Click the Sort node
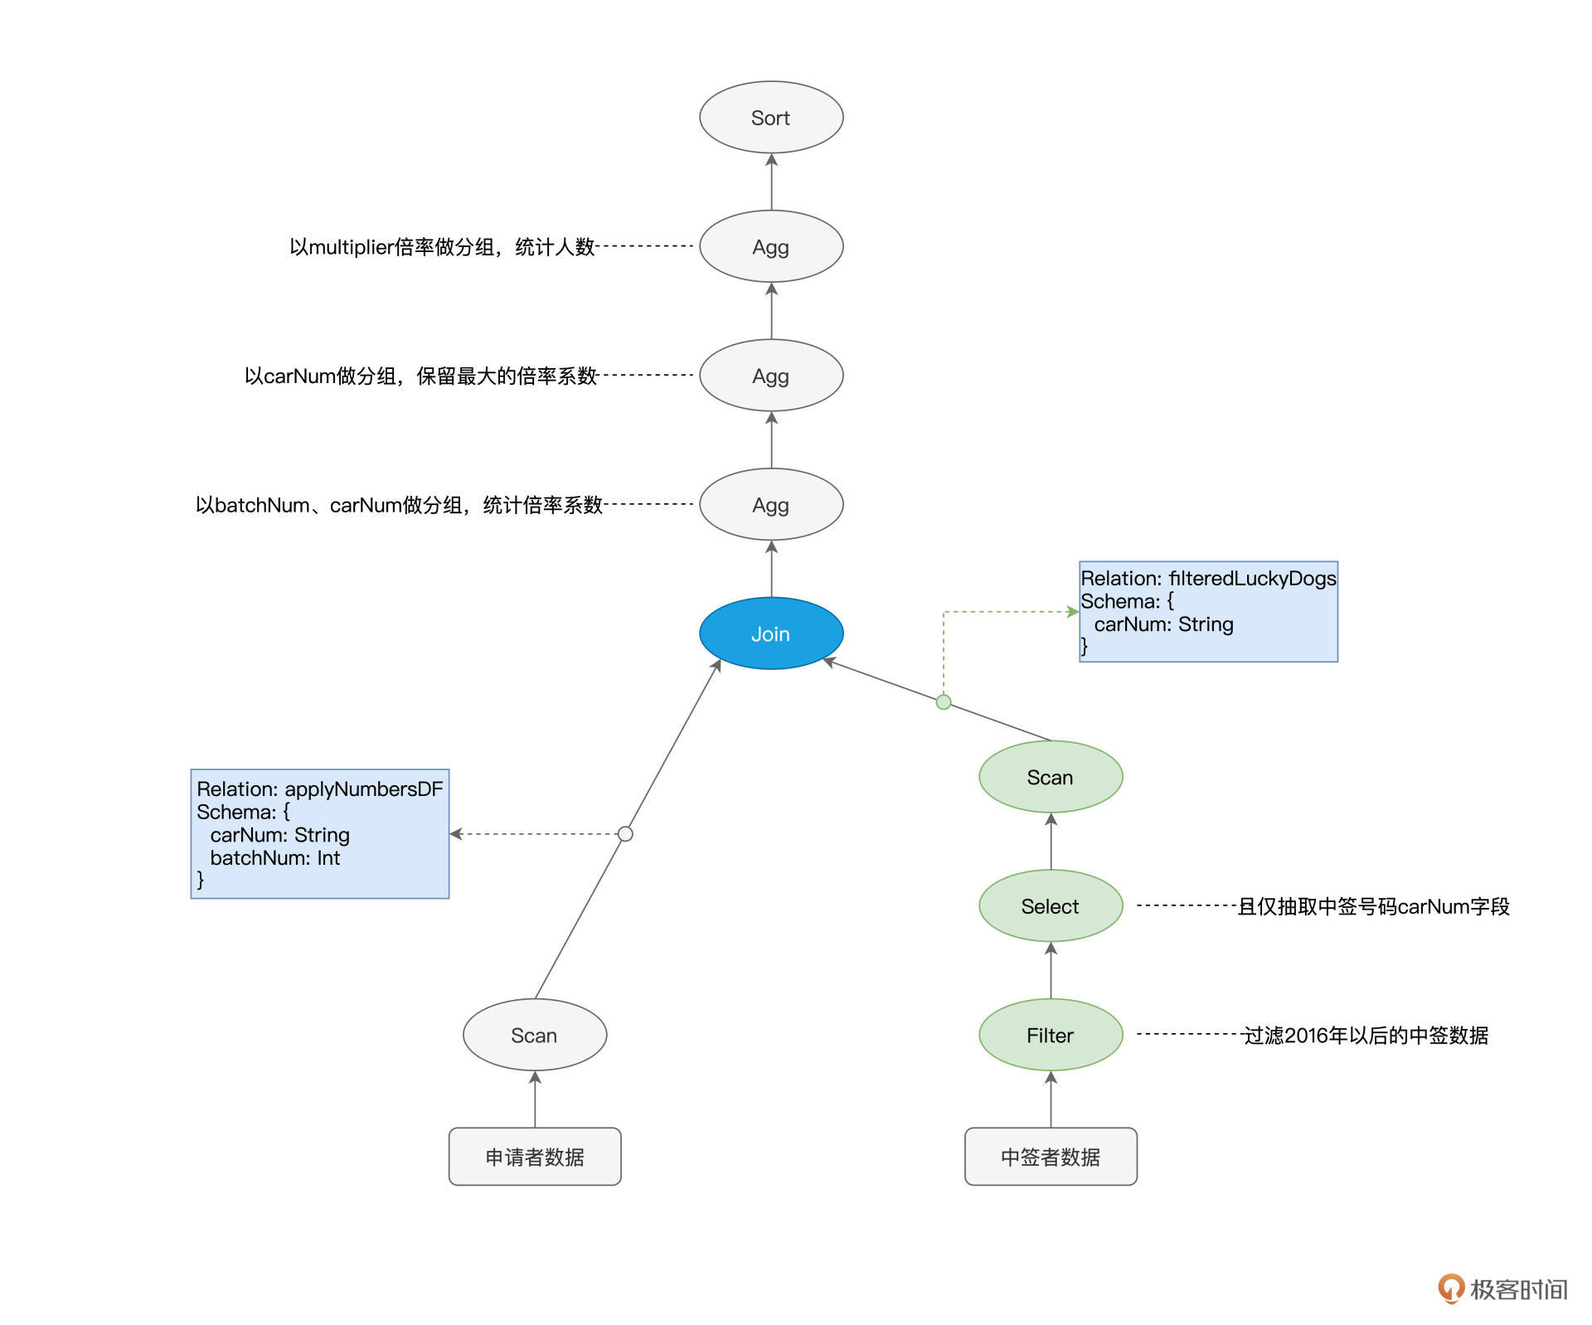coord(771,118)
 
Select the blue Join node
coord(771,633)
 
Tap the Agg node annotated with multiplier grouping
coord(771,247)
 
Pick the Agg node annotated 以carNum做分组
coord(771,376)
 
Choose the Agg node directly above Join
coord(771,505)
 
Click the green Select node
coord(1051,906)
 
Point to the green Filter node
coord(1051,1036)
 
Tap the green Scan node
coord(1051,778)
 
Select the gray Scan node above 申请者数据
coord(535,1036)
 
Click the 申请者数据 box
coord(535,1157)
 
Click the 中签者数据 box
coord(1051,1157)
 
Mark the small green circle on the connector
coord(944,702)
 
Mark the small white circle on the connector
coord(626,834)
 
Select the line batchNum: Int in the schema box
coord(274,858)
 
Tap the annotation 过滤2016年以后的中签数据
coord(1366,1036)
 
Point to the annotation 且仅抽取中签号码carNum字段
coord(1373,906)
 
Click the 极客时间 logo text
coord(1518,1289)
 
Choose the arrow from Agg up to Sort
coord(772,182)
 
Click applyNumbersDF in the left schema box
coord(364,789)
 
